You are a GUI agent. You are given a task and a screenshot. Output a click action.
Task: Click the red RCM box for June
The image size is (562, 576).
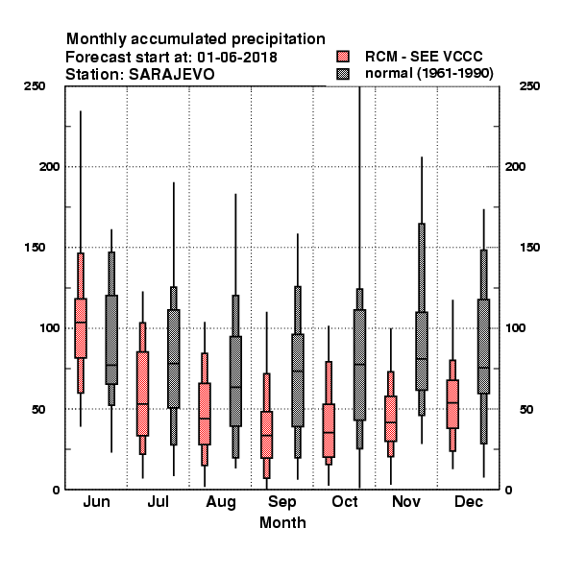[81, 328]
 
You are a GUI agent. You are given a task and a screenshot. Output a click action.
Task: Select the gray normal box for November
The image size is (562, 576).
[422, 350]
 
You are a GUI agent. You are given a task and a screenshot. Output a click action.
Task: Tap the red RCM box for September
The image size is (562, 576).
[266, 435]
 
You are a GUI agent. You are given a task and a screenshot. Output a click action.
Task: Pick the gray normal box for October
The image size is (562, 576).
[359, 365]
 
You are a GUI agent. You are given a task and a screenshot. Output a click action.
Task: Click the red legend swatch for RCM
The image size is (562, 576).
[343, 57]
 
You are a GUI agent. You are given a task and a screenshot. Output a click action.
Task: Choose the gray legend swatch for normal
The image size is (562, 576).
[343, 74]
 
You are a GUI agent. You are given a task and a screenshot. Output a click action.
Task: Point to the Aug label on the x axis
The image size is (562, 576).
[221, 502]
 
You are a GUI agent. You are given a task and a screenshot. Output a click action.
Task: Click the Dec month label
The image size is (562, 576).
[468, 501]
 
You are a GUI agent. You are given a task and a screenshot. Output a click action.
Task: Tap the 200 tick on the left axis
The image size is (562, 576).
[49, 166]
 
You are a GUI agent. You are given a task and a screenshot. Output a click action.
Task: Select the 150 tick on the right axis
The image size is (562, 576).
[529, 248]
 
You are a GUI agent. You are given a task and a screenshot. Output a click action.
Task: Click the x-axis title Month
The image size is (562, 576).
[282, 522]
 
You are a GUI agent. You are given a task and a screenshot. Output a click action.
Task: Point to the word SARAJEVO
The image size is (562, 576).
[172, 75]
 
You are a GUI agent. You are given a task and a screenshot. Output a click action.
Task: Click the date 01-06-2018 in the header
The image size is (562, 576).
[237, 58]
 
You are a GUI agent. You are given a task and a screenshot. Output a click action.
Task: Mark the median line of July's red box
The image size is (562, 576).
[142, 404]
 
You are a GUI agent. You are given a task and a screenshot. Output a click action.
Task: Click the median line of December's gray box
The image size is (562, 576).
[484, 368]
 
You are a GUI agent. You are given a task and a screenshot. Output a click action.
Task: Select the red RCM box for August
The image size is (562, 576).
[205, 414]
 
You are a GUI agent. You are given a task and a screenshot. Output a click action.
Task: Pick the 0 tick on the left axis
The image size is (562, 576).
[56, 490]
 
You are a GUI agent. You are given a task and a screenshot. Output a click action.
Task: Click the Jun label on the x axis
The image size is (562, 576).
[96, 501]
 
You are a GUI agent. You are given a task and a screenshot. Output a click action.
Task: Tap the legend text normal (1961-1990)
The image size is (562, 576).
[428, 74]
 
